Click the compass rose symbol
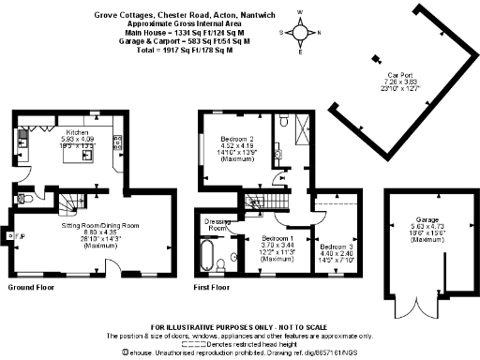click(301, 35)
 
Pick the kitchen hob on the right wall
click(117, 143)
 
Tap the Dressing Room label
click(218, 225)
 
